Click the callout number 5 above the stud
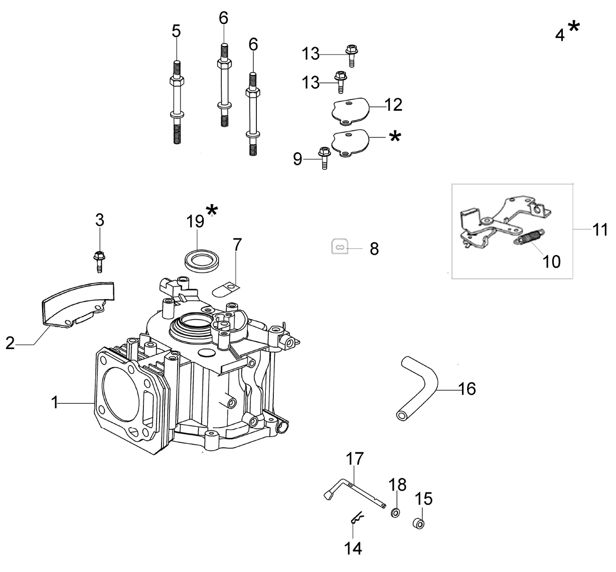[x=176, y=31]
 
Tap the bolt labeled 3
[x=99, y=261]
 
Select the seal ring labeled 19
[x=202, y=260]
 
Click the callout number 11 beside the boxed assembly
[x=600, y=229]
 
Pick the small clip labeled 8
[x=340, y=246]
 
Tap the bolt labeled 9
[x=324, y=158]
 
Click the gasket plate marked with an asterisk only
[x=350, y=143]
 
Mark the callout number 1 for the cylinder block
[x=55, y=402]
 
